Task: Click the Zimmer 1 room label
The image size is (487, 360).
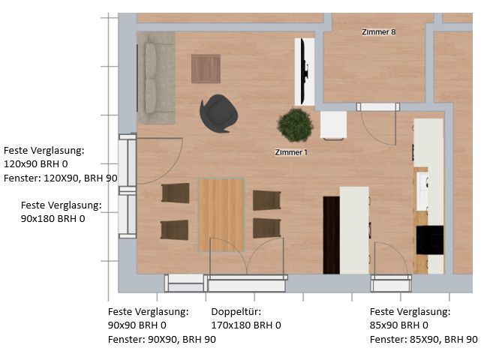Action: click(291, 152)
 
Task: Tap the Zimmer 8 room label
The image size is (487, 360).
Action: click(379, 32)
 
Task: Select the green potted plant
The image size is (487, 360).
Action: click(295, 124)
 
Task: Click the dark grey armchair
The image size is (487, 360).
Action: click(218, 113)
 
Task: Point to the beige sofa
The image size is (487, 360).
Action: click(156, 77)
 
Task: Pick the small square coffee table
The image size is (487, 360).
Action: click(206, 68)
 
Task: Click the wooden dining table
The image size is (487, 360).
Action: click(221, 214)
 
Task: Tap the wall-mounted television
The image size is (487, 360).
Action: click(305, 72)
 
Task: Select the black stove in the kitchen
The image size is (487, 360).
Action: click(430, 240)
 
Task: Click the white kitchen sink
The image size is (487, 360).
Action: click(422, 191)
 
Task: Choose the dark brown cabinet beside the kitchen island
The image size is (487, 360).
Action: click(332, 235)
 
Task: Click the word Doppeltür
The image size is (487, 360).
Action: click(236, 311)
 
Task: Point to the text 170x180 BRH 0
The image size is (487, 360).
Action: click(246, 325)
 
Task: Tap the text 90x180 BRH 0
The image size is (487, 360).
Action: click(53, 219)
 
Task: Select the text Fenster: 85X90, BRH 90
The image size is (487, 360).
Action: click(424, 340)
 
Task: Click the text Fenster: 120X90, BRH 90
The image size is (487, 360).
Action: click(61, 178)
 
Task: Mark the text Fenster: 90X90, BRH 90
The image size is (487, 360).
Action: click(162, 340)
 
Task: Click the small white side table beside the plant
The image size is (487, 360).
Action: click(334, 124)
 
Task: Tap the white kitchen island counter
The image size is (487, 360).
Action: click(354, 230)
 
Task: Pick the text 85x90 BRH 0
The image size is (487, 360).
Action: click(398, 325)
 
